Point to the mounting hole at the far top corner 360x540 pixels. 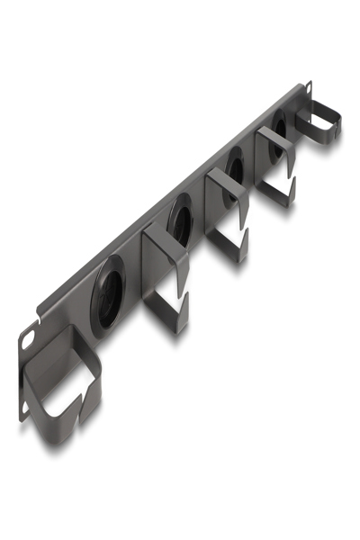(309, 87)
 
